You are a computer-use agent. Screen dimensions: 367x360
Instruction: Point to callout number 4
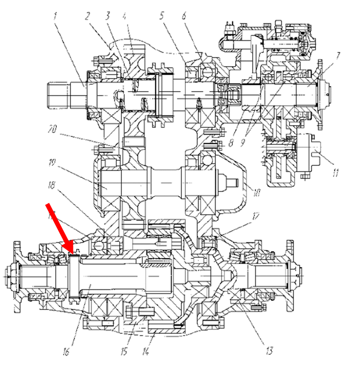(x=124, y=16)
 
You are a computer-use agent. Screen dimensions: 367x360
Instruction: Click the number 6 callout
(x=184, y=16)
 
